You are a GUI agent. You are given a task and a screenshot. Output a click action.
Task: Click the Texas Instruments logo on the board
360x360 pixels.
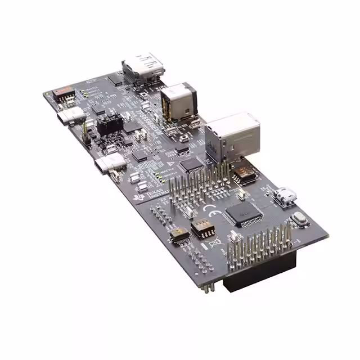point(155,194)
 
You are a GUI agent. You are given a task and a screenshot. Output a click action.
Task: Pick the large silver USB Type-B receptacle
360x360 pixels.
point(231,135)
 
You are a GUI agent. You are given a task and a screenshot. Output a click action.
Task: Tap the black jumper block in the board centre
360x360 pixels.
point(110,125)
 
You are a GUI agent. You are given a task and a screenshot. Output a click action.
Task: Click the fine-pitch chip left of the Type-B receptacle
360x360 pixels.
point(193,164)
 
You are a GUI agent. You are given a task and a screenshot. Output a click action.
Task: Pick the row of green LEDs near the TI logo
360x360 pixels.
point(163,174)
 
